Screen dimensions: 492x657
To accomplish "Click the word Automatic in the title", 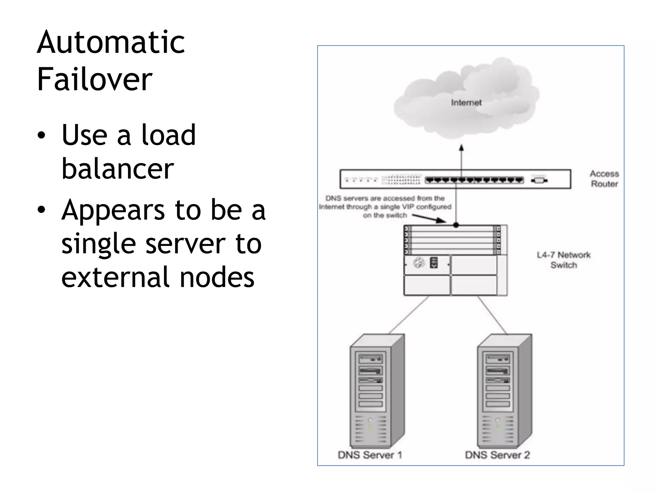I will [111, 43].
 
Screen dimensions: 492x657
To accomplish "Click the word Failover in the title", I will [94, 79].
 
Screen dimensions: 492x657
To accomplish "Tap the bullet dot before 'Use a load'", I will [41, 135].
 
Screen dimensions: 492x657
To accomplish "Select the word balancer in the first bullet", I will [117, 169].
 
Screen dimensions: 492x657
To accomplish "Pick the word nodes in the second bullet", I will [217, 277].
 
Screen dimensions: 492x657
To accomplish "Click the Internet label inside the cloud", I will [466, 103].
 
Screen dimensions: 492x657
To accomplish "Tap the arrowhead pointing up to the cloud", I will [461, 148].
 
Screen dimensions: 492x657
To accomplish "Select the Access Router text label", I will [604, 179].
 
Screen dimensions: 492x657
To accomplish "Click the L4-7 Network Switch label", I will [564, 260].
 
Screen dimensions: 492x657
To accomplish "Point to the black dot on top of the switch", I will [456, 225].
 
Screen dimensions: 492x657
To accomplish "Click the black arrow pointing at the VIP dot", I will [430, 218].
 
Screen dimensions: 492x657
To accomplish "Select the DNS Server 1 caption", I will [370, 455].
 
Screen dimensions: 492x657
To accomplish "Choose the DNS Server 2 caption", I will [497, 455].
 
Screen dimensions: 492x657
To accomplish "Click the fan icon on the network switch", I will [419, 263].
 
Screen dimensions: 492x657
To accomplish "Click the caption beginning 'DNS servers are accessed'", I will [385, 207].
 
